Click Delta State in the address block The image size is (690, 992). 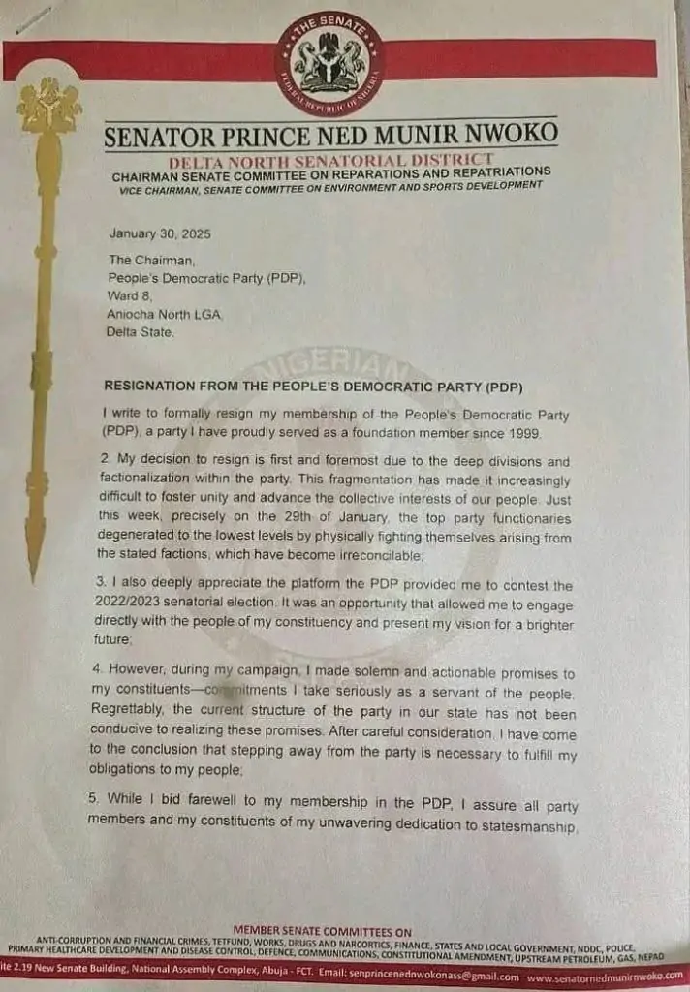tap(141, 332)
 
